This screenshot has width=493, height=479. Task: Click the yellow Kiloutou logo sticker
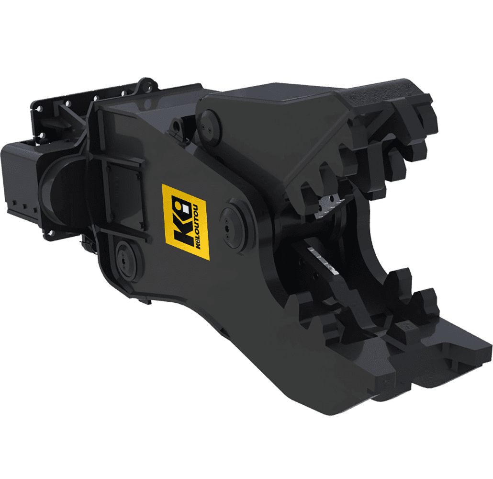(186, 222)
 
